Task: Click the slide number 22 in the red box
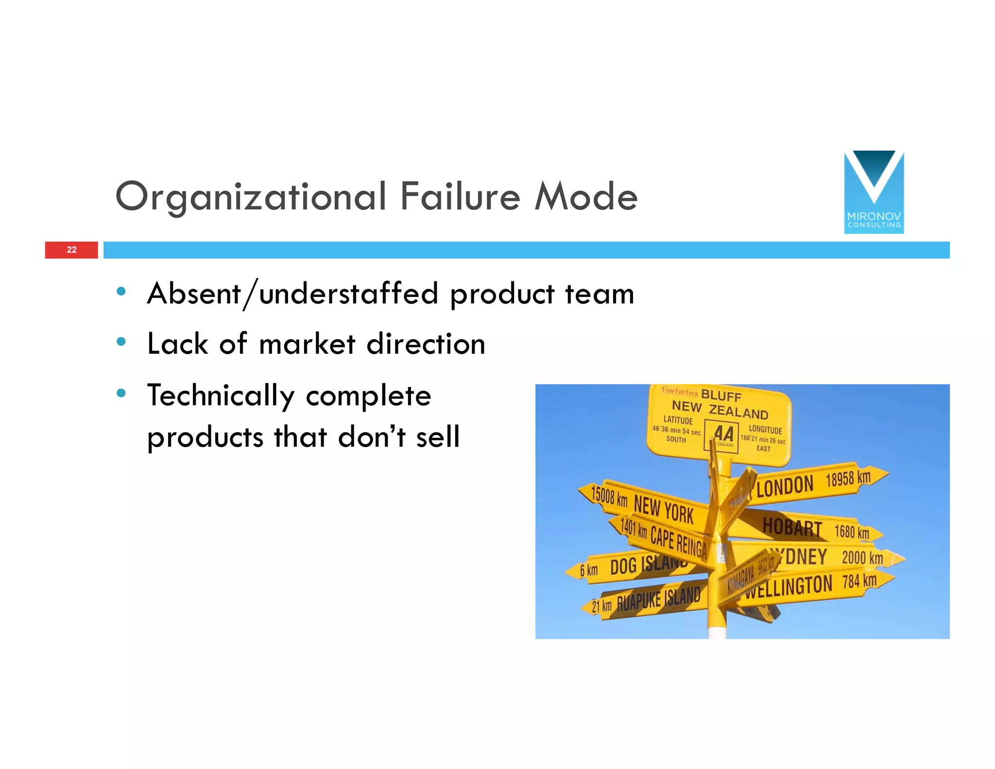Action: (x=71, y=250)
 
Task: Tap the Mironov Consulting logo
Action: (x=874, y=192)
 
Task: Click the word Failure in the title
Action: (x=460, y=196)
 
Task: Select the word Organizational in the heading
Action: (x=251, y=196)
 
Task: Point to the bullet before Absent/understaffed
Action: (x=121, y=292)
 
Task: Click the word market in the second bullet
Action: (x=307, y=344)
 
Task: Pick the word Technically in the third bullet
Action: (x=221, y=396)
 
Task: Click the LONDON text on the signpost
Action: (x=785, y=486)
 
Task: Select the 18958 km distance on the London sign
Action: (x=848, y=478)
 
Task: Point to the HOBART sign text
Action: (x=791, y=527)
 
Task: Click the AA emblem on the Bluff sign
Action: (x=722, y=435)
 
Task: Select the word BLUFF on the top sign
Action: (x=721, y=395)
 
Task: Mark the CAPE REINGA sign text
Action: (x=679, y=542)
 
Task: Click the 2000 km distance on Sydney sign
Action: (x=862, y=558)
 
